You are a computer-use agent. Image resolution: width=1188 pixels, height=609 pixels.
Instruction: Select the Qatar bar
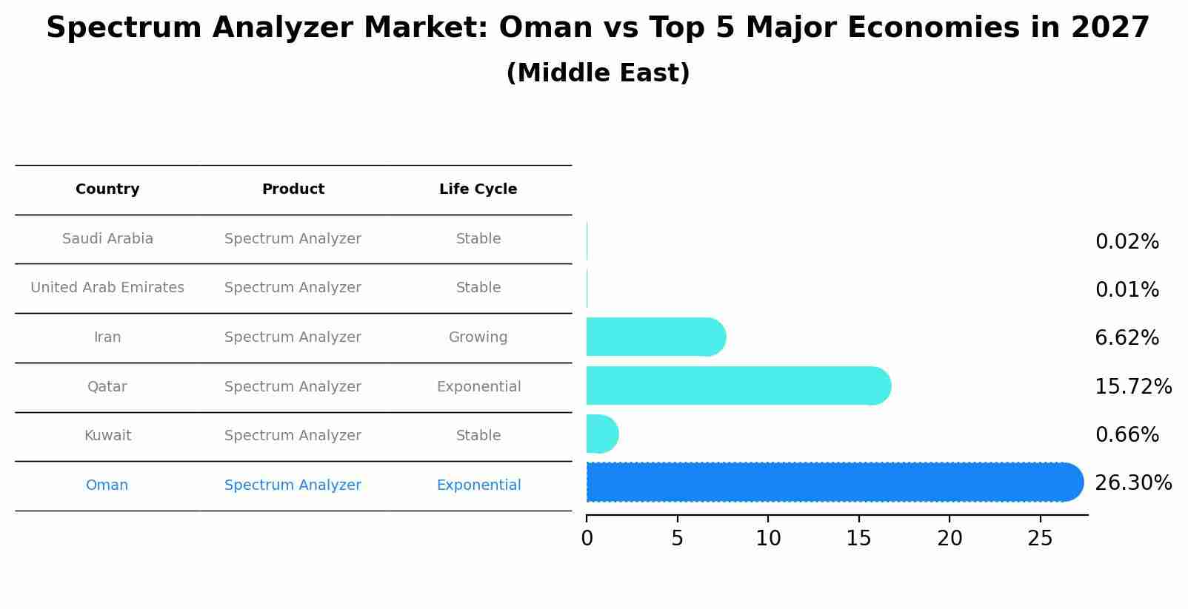pos(737,386)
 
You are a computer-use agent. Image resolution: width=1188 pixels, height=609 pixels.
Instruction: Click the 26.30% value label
pos(1132,483)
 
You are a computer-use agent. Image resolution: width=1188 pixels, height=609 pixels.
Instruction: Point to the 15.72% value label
pos(1132,387)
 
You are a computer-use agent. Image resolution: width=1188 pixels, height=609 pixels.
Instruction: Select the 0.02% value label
pos(1127,242)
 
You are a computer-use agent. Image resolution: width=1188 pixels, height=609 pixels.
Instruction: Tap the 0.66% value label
pos(1127,435)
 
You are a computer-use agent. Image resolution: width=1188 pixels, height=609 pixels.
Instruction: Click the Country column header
pos(107,189)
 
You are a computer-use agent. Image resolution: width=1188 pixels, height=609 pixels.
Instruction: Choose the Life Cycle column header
pos(478,189)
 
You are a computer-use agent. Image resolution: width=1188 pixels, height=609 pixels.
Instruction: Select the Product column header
pos(293,189)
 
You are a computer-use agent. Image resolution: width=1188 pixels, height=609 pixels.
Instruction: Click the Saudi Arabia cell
pos(107,239)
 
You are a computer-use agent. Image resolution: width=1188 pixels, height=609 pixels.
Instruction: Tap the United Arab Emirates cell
pos(107,288)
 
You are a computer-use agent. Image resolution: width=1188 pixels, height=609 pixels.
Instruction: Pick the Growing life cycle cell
pos(478,337)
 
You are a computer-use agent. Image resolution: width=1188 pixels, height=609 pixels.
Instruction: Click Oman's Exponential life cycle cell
pos(478,485)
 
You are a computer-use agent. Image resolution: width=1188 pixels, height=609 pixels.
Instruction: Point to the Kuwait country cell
pos(107,436)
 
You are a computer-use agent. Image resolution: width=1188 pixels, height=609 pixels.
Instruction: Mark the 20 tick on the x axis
pos(950,539)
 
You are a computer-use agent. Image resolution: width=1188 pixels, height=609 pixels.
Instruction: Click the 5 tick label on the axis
pos(677,539)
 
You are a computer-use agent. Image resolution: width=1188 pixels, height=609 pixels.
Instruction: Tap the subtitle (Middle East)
pos(598,73)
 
